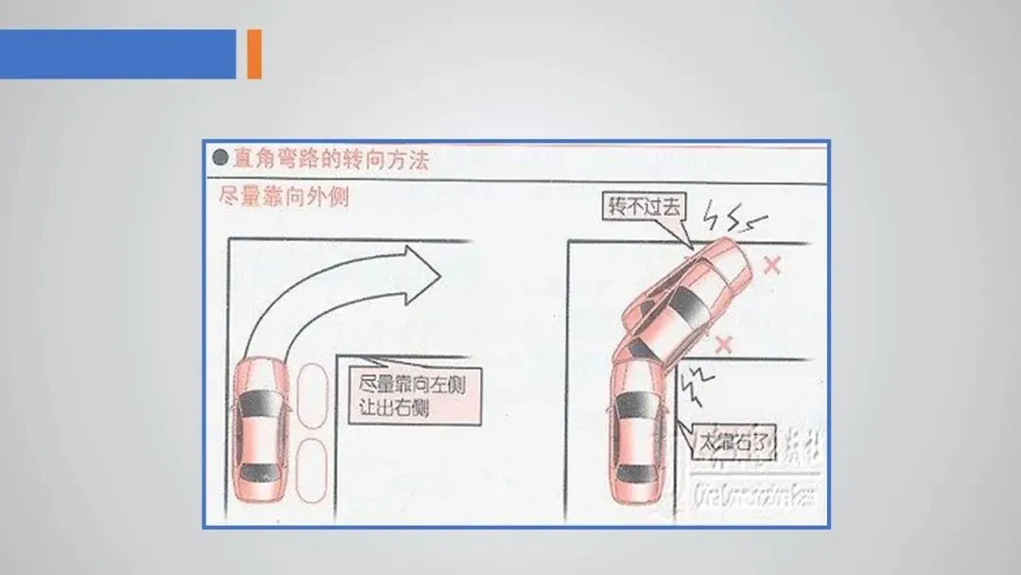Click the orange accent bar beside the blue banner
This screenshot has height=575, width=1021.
tap(253, 54)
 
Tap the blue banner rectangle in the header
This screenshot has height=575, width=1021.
tap(117, 54)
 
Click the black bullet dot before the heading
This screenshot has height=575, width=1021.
tap(220, 158)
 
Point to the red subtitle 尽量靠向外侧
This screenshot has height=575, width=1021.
tap(283, 198)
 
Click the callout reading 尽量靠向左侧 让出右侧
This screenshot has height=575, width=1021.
tap(413, 395)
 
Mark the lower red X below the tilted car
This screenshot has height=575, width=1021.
tap(724, 343)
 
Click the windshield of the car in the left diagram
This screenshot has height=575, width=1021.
tap(258, 402)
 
